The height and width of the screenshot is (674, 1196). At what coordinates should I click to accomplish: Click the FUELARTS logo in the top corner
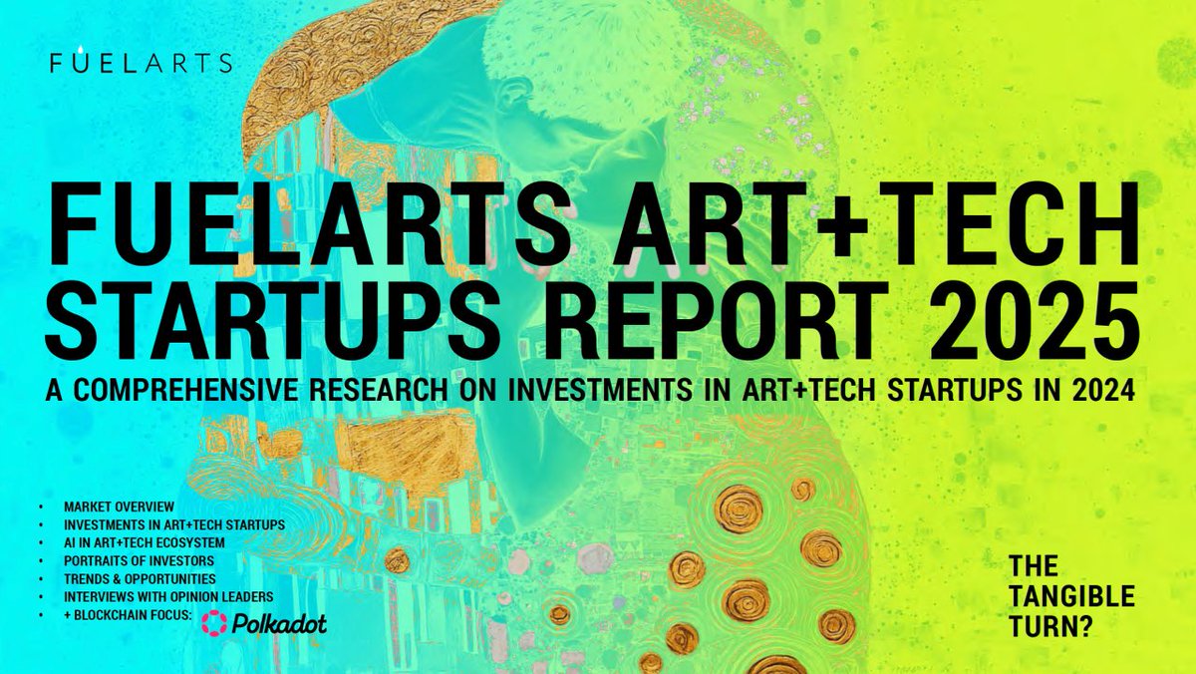142,61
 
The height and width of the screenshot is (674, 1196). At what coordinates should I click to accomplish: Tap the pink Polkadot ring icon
214,623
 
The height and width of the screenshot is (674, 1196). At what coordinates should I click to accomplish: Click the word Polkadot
279,624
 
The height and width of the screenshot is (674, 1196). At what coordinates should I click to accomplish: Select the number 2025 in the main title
1034,320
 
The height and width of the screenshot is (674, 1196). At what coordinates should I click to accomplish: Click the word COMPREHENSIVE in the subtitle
185,391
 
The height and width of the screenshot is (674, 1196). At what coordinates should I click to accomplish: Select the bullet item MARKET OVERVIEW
119,506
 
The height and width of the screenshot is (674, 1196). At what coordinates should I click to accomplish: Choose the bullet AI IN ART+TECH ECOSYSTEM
145,542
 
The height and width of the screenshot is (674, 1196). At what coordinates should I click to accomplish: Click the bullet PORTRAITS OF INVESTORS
139,560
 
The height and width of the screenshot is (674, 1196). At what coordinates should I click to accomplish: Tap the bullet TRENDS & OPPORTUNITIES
140,579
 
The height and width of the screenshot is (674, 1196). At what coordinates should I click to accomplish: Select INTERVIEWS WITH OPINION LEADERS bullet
168,596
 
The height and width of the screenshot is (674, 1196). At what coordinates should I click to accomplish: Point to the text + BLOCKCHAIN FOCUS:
128,615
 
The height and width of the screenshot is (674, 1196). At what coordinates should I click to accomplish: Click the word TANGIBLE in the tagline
1072,596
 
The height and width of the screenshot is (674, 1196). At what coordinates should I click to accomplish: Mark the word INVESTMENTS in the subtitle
600,391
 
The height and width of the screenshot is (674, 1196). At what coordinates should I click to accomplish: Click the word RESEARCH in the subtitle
379,391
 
